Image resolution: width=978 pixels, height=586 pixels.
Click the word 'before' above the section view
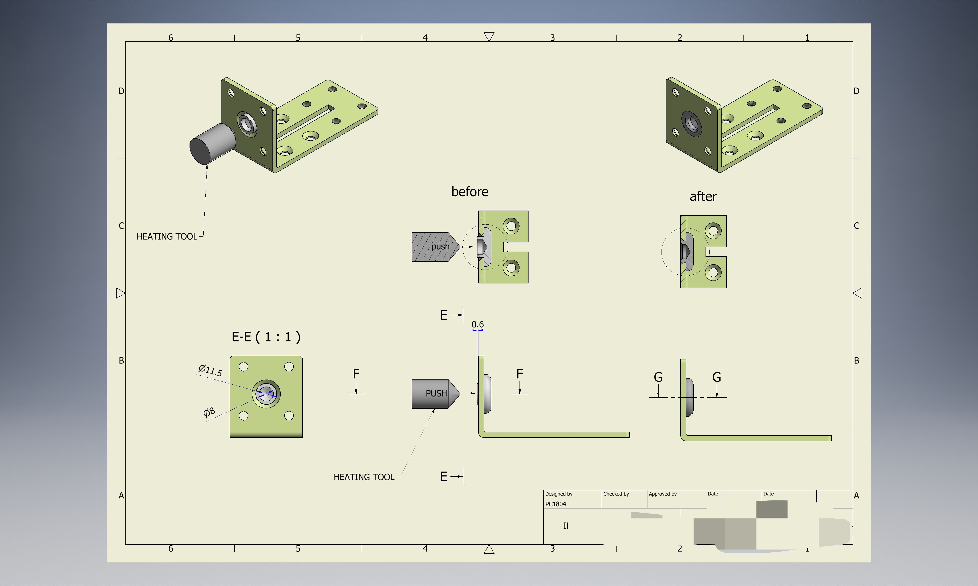[x=470, y=191]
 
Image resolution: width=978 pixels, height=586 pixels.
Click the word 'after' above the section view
[x=703, y=196]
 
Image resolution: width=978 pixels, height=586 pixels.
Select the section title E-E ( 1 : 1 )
[x=266, y=337]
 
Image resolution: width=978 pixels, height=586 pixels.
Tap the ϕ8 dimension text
[x=209, y=412]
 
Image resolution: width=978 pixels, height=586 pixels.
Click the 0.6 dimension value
[x=477, y=324]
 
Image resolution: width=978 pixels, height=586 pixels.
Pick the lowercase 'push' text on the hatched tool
[x=440, y=246]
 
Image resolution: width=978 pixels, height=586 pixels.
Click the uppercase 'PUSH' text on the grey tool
[x=436, y=393]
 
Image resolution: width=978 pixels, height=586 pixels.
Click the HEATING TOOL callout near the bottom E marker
[x=364, y=477]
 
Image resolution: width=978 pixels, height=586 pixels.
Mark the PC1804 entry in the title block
[x=556, y=504]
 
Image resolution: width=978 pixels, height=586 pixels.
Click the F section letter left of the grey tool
[x=356, y=373]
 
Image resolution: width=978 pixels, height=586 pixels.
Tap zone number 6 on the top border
[x=171, y=38]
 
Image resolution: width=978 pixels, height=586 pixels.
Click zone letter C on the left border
[x=121, y=225]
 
